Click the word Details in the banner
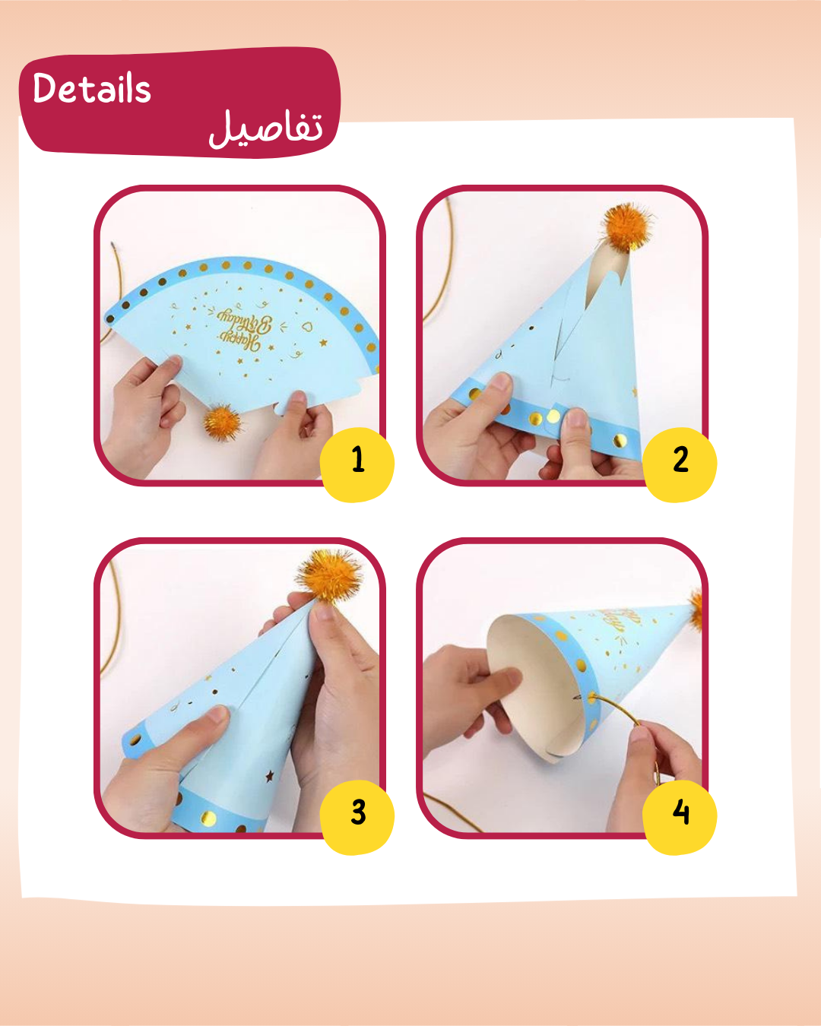tap(92, 88)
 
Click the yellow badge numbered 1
tap(357, 461)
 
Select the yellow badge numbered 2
tap(680, 461)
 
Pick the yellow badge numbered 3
tap(358, 813)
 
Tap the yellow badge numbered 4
tap(680, 813)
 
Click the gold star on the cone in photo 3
tap(268, 776)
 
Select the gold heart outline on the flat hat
tap(307, 328)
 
